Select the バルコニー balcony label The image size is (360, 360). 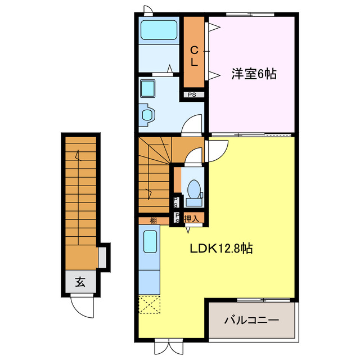click(x=251, y=321)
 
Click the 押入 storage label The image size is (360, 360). click(x=191, y=218)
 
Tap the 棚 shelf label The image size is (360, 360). click(x=153, y=220)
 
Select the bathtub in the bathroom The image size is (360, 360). click(x=159, y=30)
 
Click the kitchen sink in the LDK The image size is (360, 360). click(x=150, y=242)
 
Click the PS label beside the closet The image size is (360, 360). click(x=192, y=94)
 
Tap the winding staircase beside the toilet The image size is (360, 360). click(x=153, y=174)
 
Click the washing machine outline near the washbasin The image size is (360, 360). click(x=147, y=115)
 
